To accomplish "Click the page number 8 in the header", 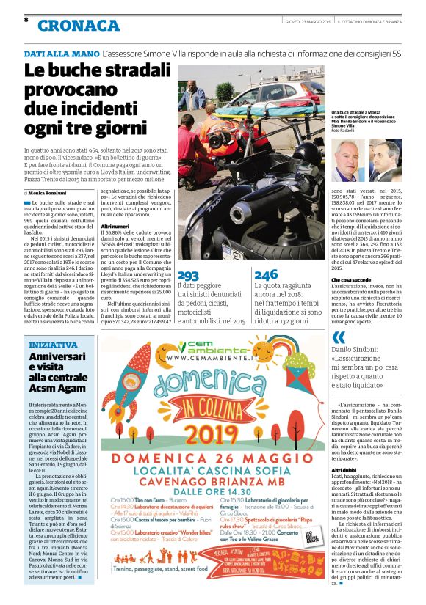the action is [x=26, y=19].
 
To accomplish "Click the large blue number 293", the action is [x=189, y=274].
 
